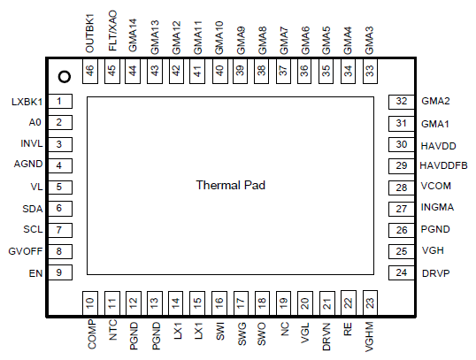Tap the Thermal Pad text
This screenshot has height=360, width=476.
pos(230,185)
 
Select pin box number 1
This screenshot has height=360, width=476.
pos(60,101)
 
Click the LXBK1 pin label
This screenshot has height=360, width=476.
pos(27,102)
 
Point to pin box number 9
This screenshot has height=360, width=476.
pos(60,272)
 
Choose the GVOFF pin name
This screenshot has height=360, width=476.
pos(26,251)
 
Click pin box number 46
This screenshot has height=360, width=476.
pos(90,71)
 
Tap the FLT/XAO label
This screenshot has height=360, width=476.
pos(112,31)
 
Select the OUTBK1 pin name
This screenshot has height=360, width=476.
pos(90,33)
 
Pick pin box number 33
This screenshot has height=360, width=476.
pos(370,71)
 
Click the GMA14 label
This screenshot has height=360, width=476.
pos(133,35)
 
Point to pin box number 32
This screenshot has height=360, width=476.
pos(402,102)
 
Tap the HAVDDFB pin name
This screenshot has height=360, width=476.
pos(443,165)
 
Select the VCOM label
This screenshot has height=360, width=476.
pos(435,186)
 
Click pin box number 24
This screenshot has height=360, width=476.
pos(402,273)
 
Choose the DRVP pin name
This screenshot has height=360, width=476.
pos(435,273)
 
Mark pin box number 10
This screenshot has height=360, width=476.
pos(90,303)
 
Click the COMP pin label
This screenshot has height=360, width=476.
pos(92,334)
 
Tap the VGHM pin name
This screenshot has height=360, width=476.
pos(370,337)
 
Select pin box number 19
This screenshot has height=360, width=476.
pos(283,303)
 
